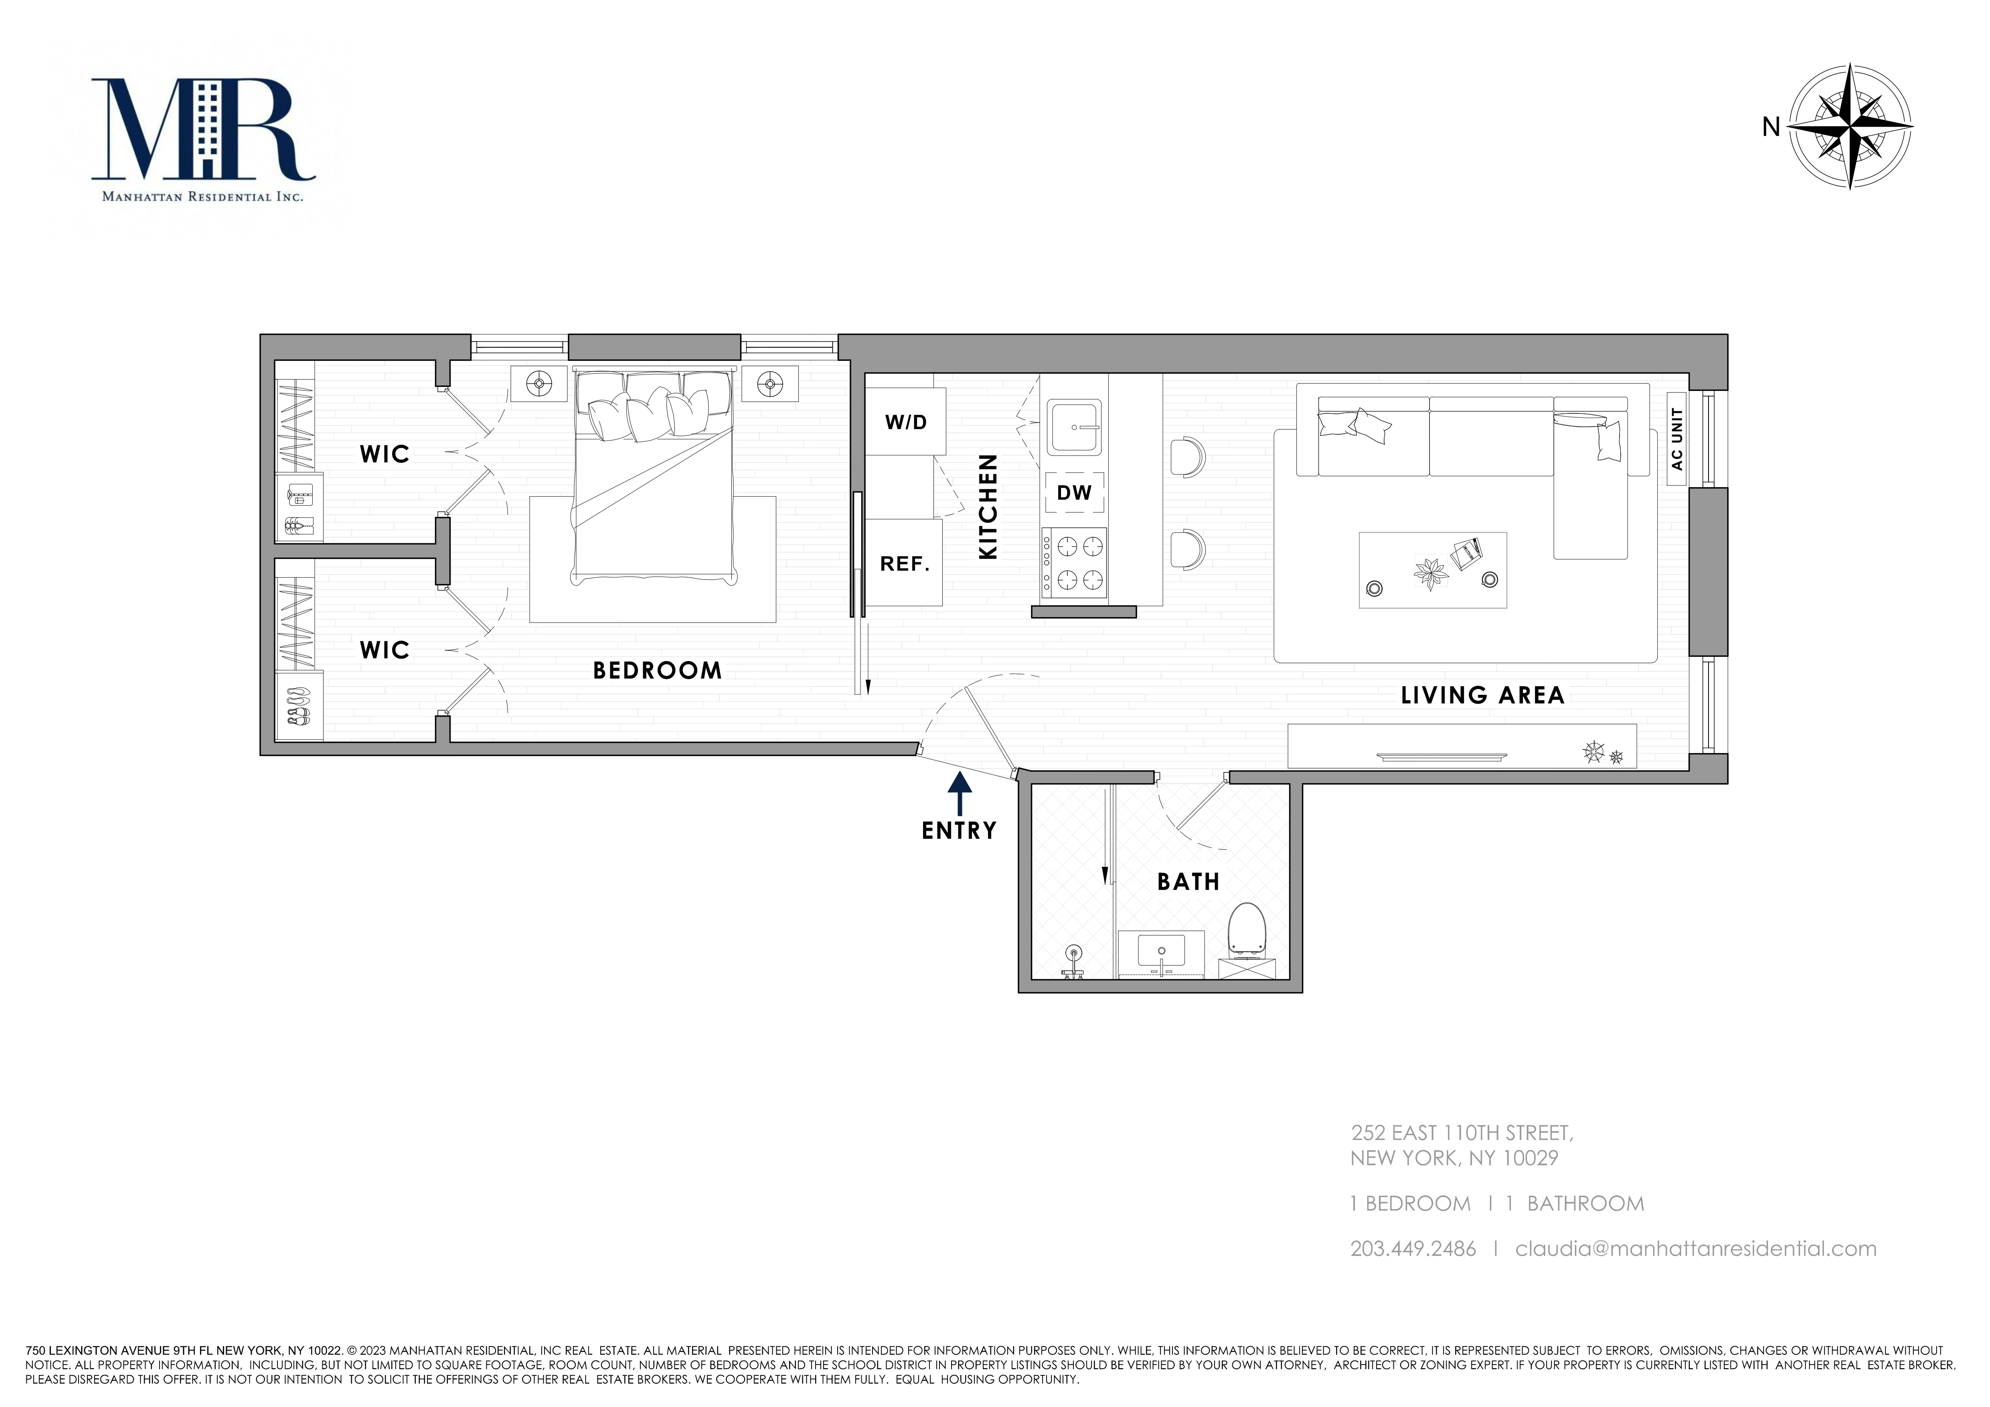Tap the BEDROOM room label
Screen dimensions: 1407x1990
pos(657,670)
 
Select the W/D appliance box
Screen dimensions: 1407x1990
pos(906,422)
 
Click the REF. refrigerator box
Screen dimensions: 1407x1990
pos(904,563)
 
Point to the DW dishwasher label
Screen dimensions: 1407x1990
pos(1074,492)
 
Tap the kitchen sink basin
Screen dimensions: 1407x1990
pos(1074,427)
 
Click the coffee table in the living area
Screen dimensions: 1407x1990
pos(1432,569)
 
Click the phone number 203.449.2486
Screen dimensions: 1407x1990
pos(1413,1248)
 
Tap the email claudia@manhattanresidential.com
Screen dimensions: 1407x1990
pos(1695,1248)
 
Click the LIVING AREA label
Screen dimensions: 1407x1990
pos(1482,695)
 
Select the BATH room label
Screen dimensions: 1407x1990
pos(1188,882)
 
